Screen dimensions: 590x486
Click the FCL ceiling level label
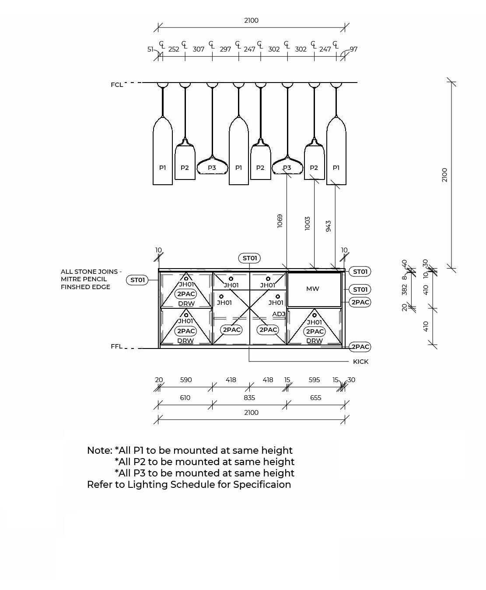click(x=117, y=85)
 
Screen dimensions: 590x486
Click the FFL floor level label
click(x=116, y=346)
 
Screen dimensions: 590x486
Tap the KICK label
click(x=360, y=362)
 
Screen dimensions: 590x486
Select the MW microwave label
click(x=313, y=289)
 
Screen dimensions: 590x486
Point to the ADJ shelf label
click(x=279, y=314)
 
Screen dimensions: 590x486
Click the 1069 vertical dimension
click(x=280, y=221)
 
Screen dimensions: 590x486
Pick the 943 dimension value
click(x=328, y=226)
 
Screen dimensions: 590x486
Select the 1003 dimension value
click(x=307, y=224)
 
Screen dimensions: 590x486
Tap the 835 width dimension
click(x=249, y=398)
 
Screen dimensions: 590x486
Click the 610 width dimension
click(x=185, y=398)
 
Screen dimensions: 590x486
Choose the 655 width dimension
click(x=315, y=398)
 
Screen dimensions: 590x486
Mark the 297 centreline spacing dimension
click(x=225, y=49)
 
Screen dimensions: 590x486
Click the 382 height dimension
click(x=404, y=290)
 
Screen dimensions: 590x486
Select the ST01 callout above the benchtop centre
click(x=249, y=258)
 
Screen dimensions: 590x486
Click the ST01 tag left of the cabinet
click(x=137, y=280)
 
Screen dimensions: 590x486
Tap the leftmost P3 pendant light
click(x=212, y=168)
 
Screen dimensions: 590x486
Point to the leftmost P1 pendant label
click(x=163, y=168)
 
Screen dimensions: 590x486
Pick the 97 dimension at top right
click(x=353, y=49)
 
